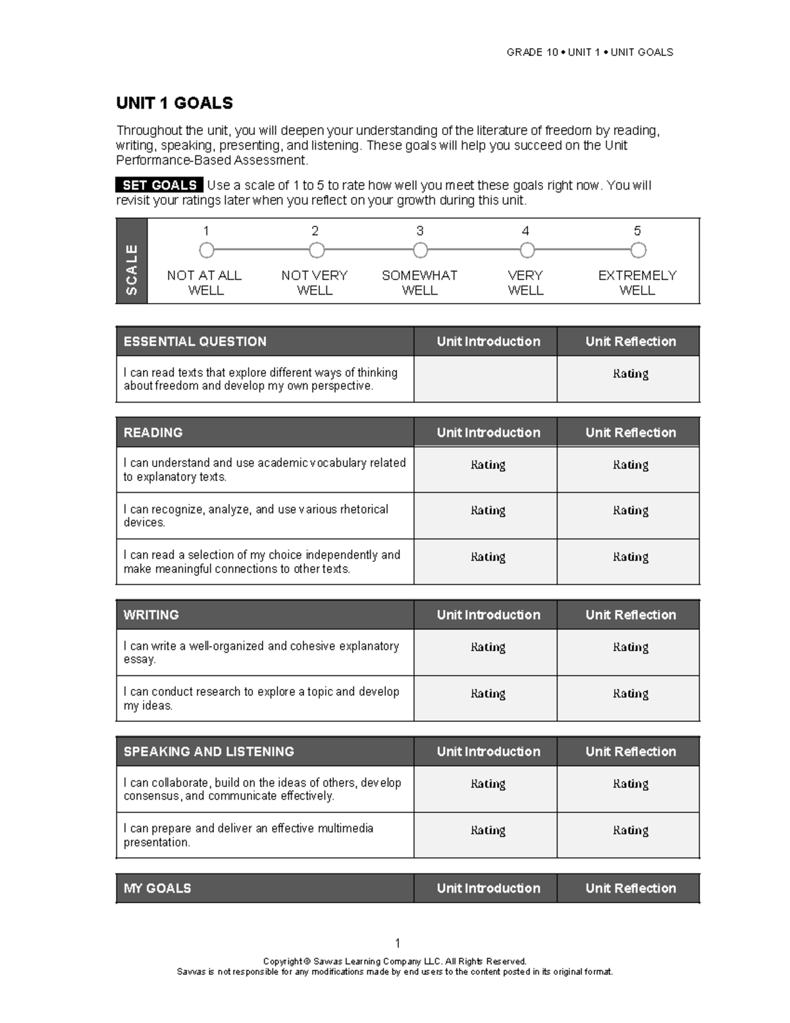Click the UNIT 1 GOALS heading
pos(174,103)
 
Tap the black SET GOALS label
pos(159,186)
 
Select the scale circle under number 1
pos(207,250)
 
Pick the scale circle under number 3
pos(420,250)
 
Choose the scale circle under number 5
pos(638,250)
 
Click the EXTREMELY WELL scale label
pos(637,283)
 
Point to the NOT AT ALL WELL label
pos(205,283)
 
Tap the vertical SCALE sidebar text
pos(132,269)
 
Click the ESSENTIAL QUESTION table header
pos(195,341)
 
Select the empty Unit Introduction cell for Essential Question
pos(485,379)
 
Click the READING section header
pos(153,432)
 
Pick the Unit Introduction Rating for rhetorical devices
pos(488,511)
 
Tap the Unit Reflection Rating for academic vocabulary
pos(630,465)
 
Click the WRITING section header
pos(151,615)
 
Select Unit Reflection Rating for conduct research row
pos(630,694)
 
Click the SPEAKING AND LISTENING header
pos(209,752)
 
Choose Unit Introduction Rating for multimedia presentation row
pos(488,831)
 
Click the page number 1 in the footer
pos(398,943)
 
